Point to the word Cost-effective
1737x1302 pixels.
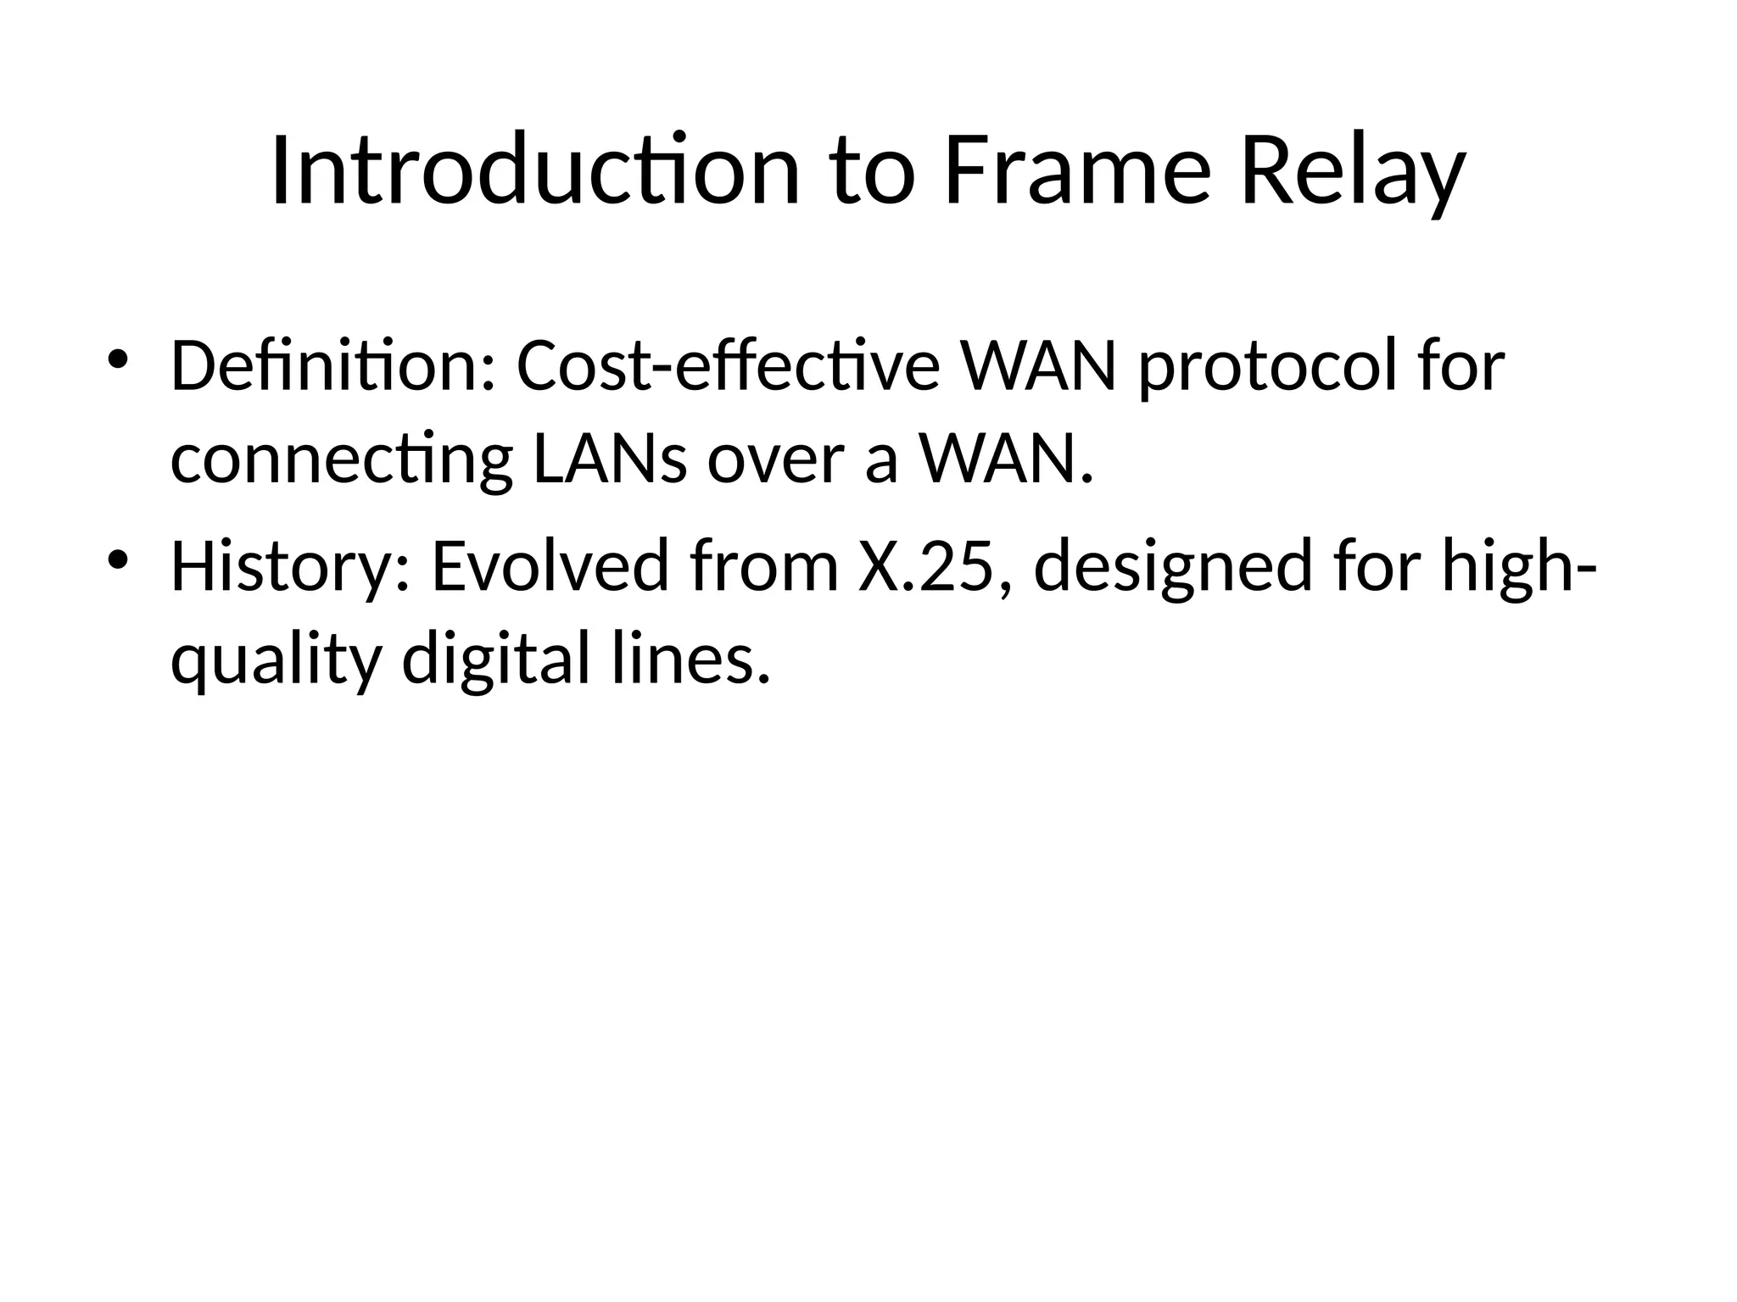tap(729, 366)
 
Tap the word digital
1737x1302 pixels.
tap(494, 661)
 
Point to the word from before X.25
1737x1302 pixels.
tap(764, 566)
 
